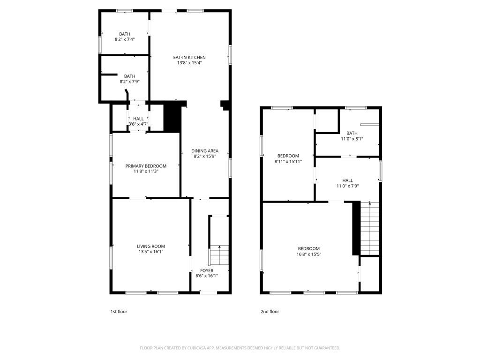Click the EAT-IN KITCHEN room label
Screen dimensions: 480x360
coord(189,58)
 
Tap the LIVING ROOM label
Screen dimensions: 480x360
coord(150,247)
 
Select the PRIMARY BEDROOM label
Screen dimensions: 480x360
coord(146,166)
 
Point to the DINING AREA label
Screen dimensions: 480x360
coord(205,151)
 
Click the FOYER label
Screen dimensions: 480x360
coord(207,270)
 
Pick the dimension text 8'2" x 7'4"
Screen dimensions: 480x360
coord(125,39)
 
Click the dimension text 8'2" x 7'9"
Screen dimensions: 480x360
coord(129,82)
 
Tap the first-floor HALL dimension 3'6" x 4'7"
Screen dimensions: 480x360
coord(138,124)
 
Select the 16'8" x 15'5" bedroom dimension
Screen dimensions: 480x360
coord(308,254)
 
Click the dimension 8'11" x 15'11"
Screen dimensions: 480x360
coord(288,161)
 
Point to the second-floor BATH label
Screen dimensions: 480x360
coord(352,133)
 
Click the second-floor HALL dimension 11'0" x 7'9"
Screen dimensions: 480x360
coord(347,186)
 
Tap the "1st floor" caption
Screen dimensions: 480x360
coord(119,312)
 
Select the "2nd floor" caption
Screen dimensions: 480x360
coord(270,312)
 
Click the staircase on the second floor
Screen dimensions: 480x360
coord(370,228)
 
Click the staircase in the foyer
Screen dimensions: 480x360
coord(219,255)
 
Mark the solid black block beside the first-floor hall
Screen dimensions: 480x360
coord(172,118)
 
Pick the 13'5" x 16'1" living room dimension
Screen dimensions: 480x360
coord(150,252)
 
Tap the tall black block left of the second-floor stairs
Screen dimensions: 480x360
coord(356,228)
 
